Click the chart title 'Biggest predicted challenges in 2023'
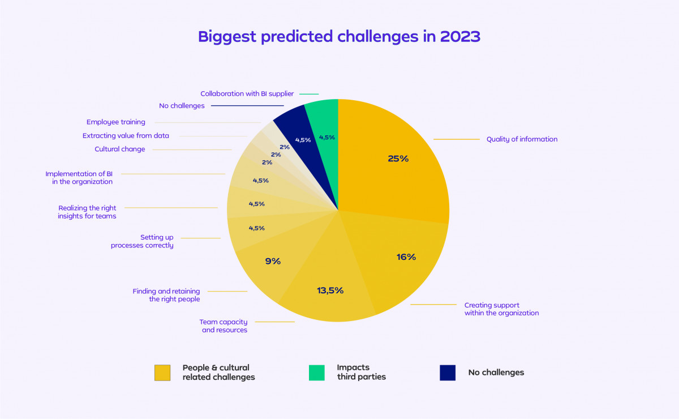click(x=339, y=37)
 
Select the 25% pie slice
click(x=390, y=164)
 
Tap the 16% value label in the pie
click(x=406, y=257)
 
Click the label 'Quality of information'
click(x=522, y=139)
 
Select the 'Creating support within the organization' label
click(x=501, y=309)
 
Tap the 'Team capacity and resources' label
click(x=225, y=326)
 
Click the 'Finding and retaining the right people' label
click(x=166, y=295)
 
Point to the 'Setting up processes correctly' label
click(x=142, y=242)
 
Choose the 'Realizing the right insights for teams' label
click(x=87, y=212)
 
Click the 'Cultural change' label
click(x=120, y=149)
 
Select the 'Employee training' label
click(x=116, y=122)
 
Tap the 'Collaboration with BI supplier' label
click(x=247, y=94)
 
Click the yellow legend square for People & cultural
click(x=162, y=373)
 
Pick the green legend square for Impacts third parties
click(x=317, y=373)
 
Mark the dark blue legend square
click(x=448, y=373)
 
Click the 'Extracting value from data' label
click(x=126, y=136)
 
